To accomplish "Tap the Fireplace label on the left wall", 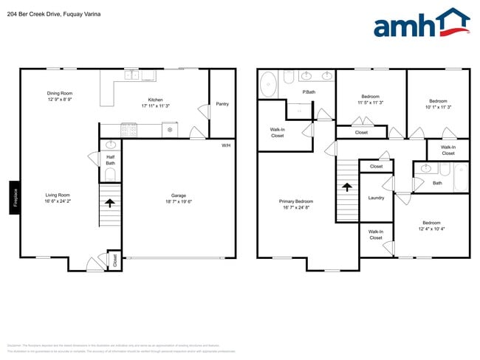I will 14,198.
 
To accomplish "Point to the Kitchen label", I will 155,100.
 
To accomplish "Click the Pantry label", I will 222,104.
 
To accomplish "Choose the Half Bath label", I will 110,159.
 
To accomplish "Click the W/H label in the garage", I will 226,145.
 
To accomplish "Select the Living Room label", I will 58,195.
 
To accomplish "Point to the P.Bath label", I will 309,92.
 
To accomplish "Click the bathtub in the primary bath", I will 267,84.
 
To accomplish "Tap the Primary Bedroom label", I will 295,201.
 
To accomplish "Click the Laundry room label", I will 376,198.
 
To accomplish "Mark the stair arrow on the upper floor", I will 347,187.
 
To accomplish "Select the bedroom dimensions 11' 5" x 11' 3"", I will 370,103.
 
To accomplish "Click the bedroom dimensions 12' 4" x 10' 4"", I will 431,229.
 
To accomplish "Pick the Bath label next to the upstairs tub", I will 437,183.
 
